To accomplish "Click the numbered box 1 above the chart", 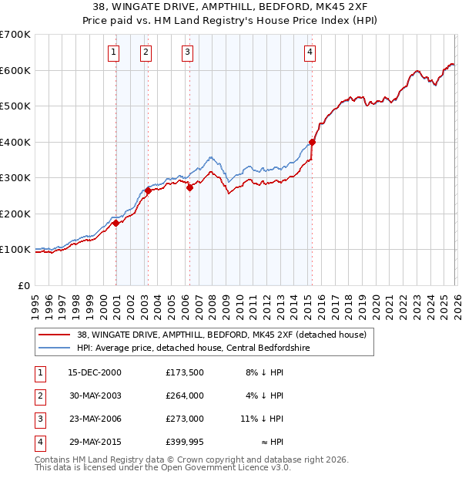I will [x=113, y=52].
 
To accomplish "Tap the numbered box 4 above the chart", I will [x=310, y=52].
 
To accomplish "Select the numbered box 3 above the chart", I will [x=187, y=52].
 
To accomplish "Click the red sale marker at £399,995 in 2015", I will [x=313, y=142].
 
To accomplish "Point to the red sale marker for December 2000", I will [x=116, y=223].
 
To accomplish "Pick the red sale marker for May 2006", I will [x=189, y=187].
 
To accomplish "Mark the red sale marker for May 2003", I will [x=148, y=190].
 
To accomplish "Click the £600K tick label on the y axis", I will [x=15, y=70].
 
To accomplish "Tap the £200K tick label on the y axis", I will [x=15, y=214].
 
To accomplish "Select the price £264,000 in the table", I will [x=184, y=396].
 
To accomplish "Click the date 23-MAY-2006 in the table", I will [x=95, y=419].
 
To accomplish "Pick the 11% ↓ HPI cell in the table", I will [x=263, y=419].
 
